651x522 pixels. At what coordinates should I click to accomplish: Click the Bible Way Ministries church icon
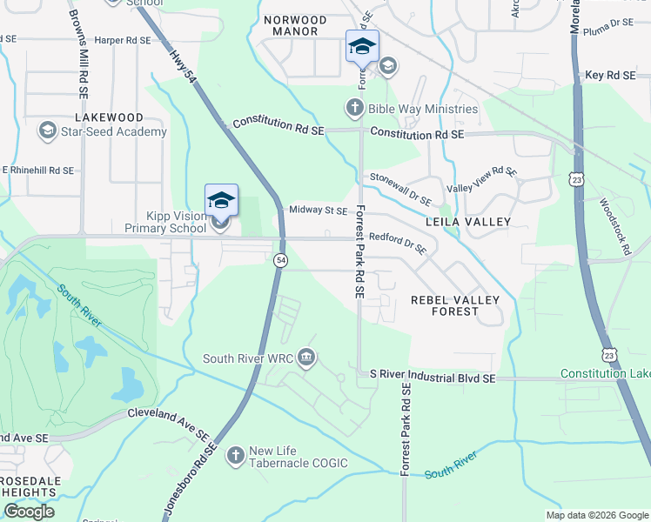[x=354, y=109]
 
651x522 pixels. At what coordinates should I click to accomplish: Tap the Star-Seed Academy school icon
[x=47, y=131]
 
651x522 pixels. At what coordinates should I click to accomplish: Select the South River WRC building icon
[x=306, y=358]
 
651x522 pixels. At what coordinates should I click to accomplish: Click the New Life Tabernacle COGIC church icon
[x=235, y=455]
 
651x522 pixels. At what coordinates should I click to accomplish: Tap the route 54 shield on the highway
[x=280, y=260]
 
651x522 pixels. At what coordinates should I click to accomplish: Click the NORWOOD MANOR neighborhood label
[x=295, y=25]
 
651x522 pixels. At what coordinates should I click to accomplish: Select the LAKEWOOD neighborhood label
[x=109, y=117]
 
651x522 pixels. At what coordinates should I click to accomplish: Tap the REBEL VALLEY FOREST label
[x=455, y=305]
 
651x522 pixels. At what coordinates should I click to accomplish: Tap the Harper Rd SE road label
[x=122, y=40]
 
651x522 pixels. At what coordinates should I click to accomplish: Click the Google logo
[x=29, y=512]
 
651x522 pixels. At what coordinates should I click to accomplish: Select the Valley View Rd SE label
[x=481, y=181]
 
